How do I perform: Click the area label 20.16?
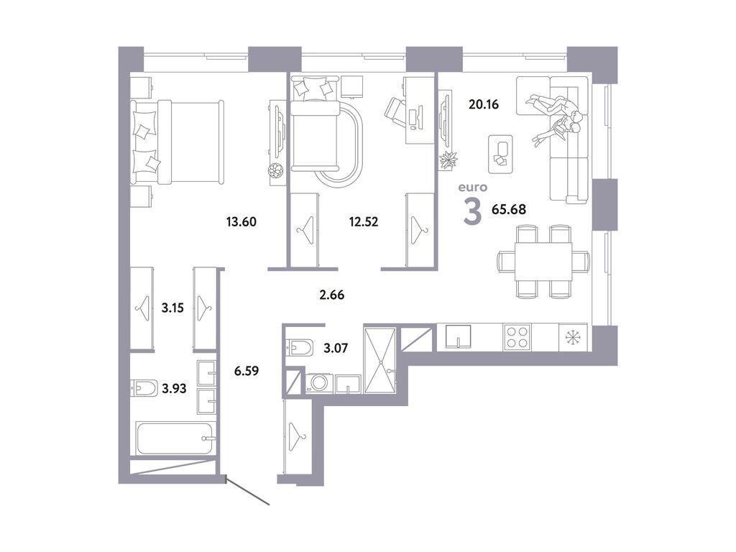tap(483, 104)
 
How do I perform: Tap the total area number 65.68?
tap(510, 211)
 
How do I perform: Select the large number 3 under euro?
tap(472, 211)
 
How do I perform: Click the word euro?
tap(473, 188)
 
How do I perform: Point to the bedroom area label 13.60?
tap(241, 221)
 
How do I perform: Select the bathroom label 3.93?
tap(172, 388)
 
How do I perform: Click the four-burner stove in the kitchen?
tap(517, 336)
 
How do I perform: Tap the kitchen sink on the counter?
tap(456, 336)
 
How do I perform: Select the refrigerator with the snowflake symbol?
tap(573, 336)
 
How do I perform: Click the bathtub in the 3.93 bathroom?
tap(175, 438)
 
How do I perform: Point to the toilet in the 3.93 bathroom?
tap(142, 388)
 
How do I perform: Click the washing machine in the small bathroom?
tap(318, 383)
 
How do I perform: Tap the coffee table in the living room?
tap(500, 154)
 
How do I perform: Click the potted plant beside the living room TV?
tap(448, 162)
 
